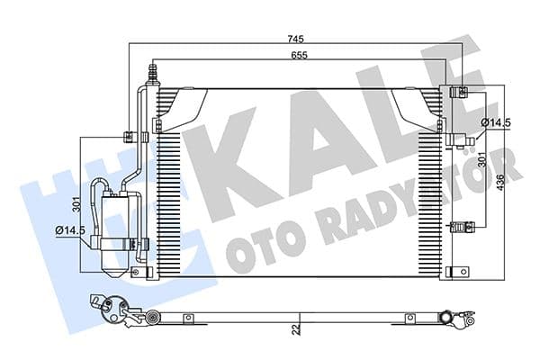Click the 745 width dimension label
point(296,39)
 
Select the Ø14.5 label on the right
point(496,121)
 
